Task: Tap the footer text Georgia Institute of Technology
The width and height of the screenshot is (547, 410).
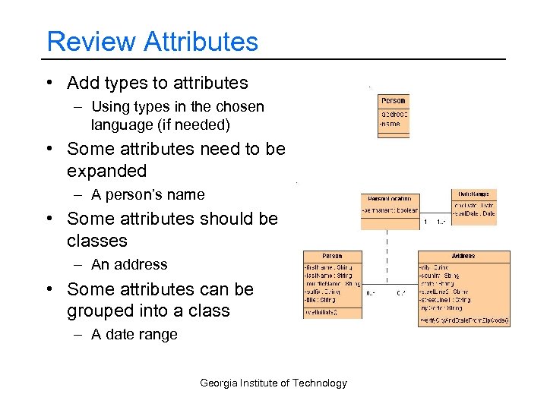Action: coord(273,383)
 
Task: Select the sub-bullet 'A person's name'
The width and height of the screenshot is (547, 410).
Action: coord(147,194)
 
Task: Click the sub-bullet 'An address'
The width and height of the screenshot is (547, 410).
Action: coord(129,264)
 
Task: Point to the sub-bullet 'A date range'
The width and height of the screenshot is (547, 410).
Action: coord(134,334)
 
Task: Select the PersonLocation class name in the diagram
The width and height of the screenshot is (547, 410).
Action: coord(390,197)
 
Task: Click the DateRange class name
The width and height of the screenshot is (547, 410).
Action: coord(474,194)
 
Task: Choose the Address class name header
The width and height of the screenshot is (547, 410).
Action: coord(463,256)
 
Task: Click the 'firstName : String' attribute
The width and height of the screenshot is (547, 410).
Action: coord(328,267)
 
